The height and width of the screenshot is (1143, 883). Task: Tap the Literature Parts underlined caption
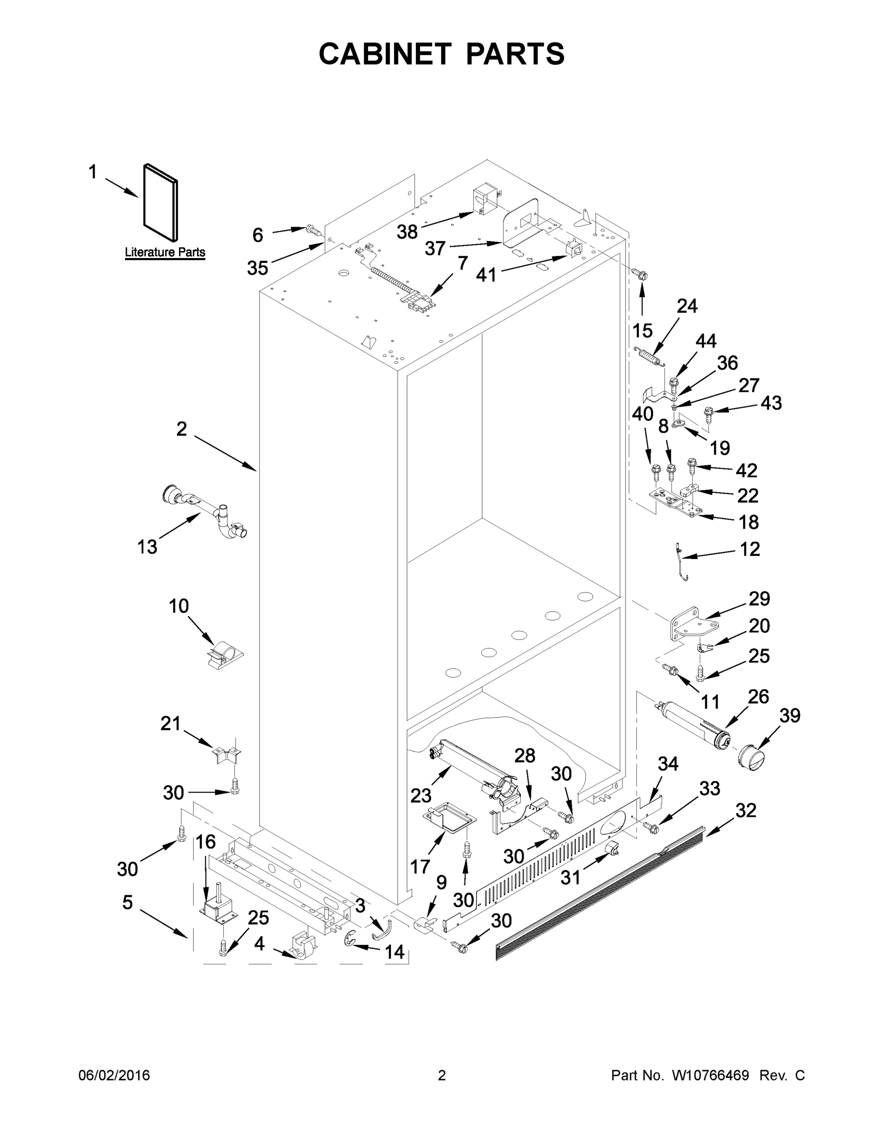(x=165, y=252)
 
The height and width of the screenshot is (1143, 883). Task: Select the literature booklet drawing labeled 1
(x=160, y=201)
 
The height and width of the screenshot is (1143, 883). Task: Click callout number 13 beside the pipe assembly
(x=147, y=547)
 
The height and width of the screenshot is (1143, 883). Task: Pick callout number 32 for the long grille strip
(x=745, y=811)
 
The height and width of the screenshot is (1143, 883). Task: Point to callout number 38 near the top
(x=407, y=231)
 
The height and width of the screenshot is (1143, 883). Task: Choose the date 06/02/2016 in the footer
(x=114, y=1075)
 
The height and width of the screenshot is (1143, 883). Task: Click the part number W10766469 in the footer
(x=710, y=1075)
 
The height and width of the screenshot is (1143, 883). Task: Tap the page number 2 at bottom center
(x=442, y=1075)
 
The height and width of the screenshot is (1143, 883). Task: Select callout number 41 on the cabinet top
(x=486, y=274)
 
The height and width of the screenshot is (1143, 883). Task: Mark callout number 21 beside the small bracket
(x=170, y=724)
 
